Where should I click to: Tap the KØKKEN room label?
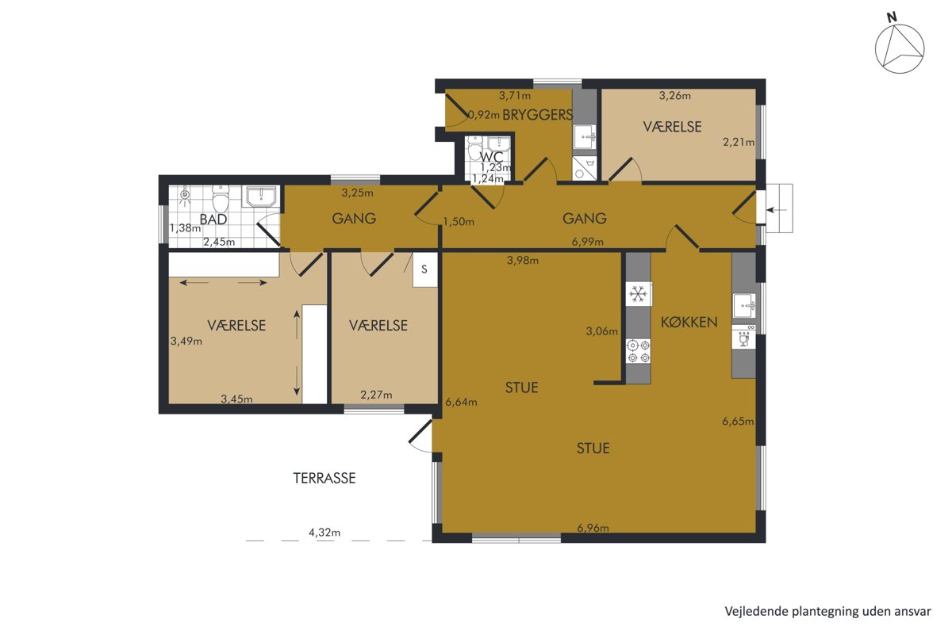689,323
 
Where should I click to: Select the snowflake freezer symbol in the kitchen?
639,294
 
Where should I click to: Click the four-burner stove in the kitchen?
639,351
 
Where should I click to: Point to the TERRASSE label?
324,478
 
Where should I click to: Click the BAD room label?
213,220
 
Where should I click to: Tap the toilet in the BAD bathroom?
221,199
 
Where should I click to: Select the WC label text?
491,157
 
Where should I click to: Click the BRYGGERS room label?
538,115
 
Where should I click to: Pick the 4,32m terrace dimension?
324,532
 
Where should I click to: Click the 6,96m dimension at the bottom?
593,528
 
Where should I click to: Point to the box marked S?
425,269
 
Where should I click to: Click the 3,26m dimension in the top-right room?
675,96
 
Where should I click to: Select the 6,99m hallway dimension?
587,242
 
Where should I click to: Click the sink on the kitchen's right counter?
744,305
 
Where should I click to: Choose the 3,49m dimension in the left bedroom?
186,341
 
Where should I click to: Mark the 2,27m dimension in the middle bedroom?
377,395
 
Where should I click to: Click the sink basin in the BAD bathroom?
260,196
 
